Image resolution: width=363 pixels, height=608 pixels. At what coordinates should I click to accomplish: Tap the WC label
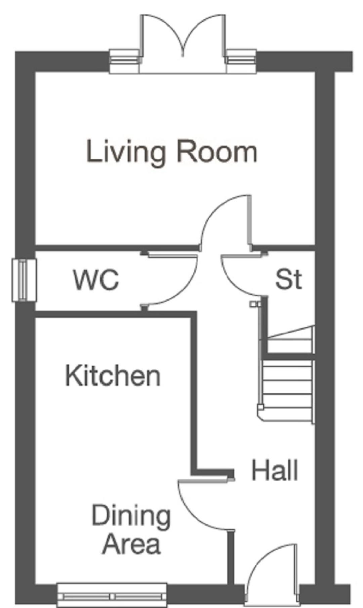pyautogui.click(x=96, y=280)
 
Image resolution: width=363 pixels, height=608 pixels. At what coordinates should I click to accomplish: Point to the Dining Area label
pyautogui.click(x=131, y=530)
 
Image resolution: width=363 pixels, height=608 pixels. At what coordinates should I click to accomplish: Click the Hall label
pyautogui.click(x=275, y=471)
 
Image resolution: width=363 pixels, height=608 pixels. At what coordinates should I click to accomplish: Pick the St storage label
pyautogui.click(x=289, y=279)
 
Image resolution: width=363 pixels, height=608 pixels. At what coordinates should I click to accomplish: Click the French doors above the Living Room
pyautogui.click(x=183, y=44)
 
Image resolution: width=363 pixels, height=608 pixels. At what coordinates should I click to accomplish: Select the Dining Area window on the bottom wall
pyautogui.click(x=112, y=596)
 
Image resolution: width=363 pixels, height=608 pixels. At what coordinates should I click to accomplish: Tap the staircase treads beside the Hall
pyautogui.click(x=288, y=373)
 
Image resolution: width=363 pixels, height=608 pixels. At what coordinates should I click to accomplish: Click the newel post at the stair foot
pyautogui.click(x=260, y=408)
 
